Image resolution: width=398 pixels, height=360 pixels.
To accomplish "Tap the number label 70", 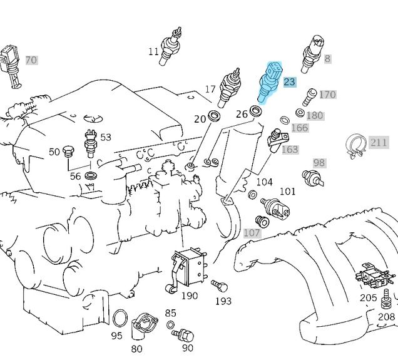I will pyautogui.click(x=31, y=61).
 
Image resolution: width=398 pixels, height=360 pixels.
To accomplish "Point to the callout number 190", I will pyautogui.click(x=190, y=296).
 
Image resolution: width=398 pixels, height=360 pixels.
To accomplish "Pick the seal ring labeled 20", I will pyautogui.click(x=214, y=116).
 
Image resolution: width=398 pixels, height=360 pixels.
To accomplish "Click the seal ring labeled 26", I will pyautogui.click(x=255, y=112).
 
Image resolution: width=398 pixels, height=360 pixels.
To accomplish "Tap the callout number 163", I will pyautogui.click(x=290, y=150).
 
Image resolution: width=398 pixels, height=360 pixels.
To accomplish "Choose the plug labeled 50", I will pyautogui.click(x=69, y=150).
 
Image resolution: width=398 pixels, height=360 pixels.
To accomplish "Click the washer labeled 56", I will pyautogui.click(x=91, y=176).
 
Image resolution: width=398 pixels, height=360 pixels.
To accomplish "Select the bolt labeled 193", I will pyautogui.click(x=219, y=287).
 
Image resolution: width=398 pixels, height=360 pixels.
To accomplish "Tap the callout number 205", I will pyautogui.click(x=368, y=298).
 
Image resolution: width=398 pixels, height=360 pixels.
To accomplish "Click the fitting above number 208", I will pyautogui.click(x=387, y=301).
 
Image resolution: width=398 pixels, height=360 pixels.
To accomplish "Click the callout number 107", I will pyautogui.click(x=252, y=233).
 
